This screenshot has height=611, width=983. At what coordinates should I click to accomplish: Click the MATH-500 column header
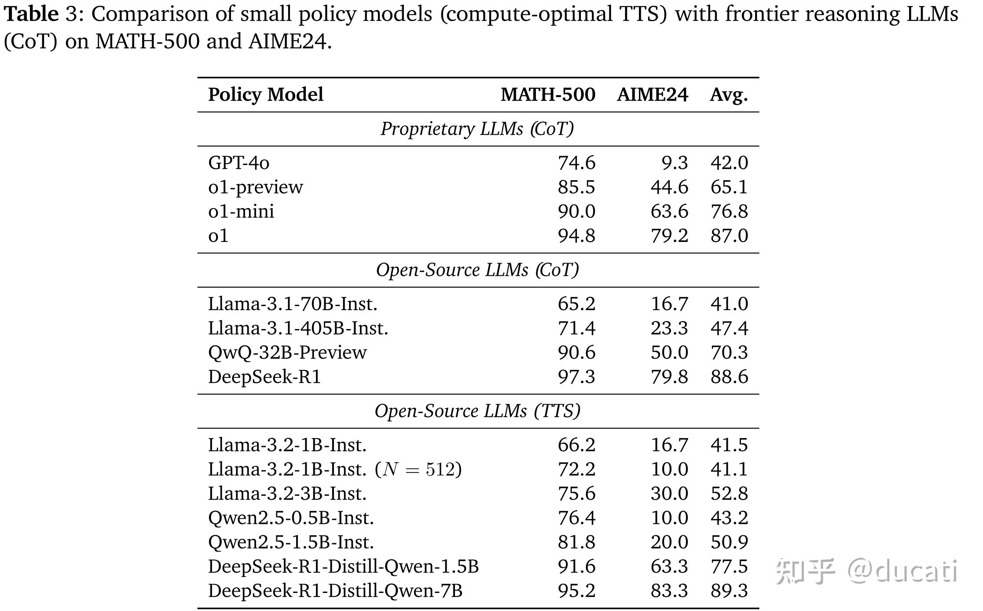tap(547, 95)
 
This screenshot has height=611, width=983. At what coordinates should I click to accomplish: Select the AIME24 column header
tap(652, 95)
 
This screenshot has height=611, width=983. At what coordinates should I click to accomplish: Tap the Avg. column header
tap(728, 95)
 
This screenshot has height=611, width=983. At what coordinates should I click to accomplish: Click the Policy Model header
tap(265, 95)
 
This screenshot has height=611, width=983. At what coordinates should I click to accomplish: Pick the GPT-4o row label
tap(238, 163)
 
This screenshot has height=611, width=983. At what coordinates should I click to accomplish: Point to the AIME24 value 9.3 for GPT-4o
tap(675, 163)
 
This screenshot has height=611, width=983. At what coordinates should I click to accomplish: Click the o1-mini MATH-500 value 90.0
tap(576, 211)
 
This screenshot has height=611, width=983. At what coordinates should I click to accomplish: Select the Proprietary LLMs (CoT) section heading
tap(477, 129)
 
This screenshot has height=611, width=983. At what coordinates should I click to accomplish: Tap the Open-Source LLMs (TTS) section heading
tap(477, 411)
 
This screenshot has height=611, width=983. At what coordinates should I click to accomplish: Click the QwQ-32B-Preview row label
tap(287, 352)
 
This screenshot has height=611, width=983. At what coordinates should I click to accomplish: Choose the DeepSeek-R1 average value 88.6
tap(729, 377)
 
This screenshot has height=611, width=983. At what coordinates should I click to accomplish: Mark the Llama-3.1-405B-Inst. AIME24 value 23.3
tap(669, 328)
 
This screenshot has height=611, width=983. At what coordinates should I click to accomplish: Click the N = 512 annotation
tap(418, 469)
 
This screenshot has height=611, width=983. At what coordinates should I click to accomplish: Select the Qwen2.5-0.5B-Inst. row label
tap(291, 518)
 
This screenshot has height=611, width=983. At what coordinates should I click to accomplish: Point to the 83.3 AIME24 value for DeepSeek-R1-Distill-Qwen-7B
tap(669, 591)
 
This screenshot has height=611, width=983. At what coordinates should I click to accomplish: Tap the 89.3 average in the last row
tap(729, 591)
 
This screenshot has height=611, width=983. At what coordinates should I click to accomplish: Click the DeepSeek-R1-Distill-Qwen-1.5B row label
tap(343, 567)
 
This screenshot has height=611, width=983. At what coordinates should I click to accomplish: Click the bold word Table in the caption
tap(31, 14)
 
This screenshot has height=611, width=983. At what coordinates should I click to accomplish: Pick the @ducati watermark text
tap(902, 571)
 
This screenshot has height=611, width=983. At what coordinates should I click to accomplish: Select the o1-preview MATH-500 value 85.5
tap(576, 187)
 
